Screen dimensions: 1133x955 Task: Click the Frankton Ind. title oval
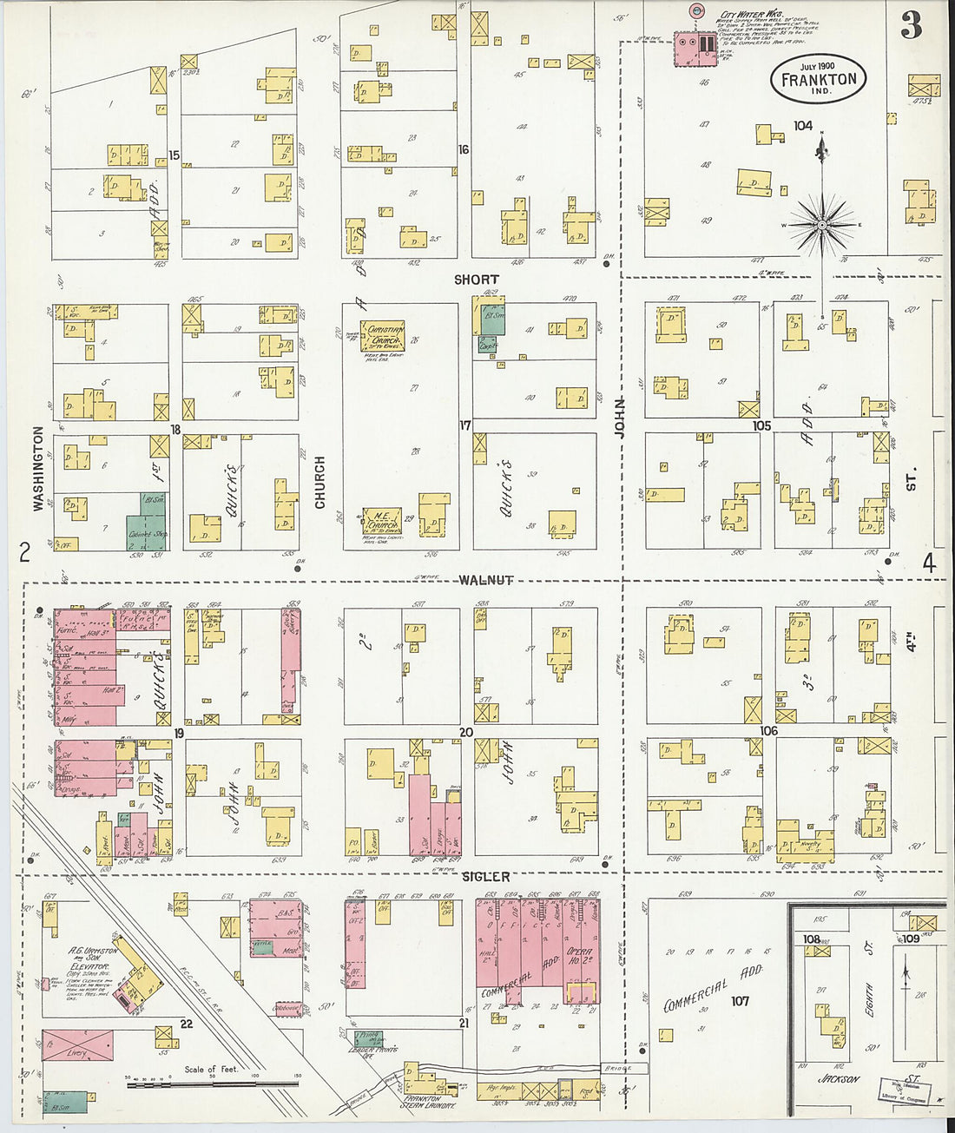(x=818, y=79)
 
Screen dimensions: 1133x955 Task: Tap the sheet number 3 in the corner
(x=911, y=27)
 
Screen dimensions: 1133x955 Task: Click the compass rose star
(x=821, y=224)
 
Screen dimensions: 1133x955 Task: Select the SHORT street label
(x=477, y=280)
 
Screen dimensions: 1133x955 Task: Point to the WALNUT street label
(x=486, y=579)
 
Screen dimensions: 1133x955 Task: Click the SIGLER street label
(x=486, y=877)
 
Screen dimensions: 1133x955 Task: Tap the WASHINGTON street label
(x=38, y=468)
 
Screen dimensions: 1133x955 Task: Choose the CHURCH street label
(x=319, y=482)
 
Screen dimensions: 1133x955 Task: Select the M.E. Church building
(x=382, y=521)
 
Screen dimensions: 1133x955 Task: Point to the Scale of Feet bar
(x=213, y=1082)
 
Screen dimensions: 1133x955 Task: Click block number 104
(x=802, y=126)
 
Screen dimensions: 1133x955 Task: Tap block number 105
(x=761, y=425)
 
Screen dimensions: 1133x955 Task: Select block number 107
(x=739, y=1001)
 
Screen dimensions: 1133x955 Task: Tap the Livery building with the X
(x=77, y=1046)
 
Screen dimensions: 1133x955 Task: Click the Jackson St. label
(x=839, y=1079)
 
